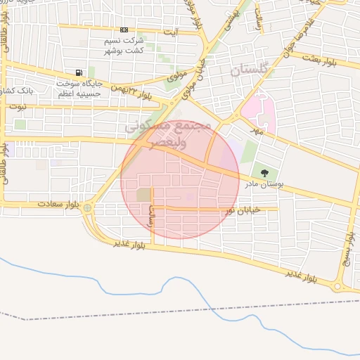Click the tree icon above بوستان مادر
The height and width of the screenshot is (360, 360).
[x=264, y=172]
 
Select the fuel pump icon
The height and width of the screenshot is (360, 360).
[x=77, y=73]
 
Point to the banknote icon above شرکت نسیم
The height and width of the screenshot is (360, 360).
[x=124, y=30]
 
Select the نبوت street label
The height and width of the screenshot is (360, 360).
[x=15, y=107]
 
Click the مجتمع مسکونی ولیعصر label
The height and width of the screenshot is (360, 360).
[x=166, y=132]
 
